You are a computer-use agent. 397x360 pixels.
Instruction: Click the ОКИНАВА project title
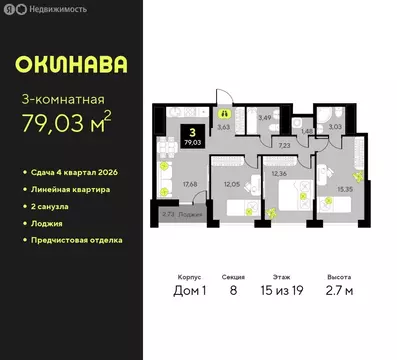(x=70, y=65)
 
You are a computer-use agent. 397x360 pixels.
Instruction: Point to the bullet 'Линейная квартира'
(x=69, y=190)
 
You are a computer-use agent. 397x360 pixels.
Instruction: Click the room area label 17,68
(x=187, y=181)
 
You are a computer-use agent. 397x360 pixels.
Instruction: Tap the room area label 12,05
(x=232, y=186)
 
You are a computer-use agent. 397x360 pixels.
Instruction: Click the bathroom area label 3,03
(x=335, y=127)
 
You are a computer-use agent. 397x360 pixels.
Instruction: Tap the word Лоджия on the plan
(x=189, y=214)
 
